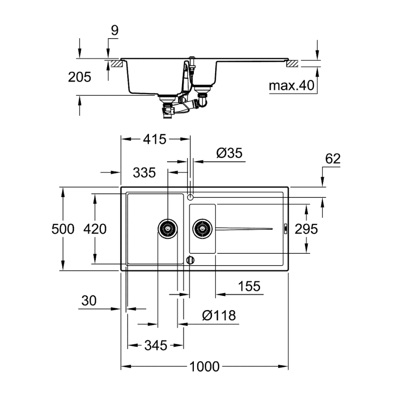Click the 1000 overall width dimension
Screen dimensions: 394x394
pyautogui.click(x=205, y=366)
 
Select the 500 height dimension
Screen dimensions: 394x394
pyautogui.click(x=62, y=229)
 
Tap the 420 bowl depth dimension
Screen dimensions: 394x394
pyautogui.click(x=95, y=229)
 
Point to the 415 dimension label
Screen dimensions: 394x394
pyautogui.click(x=155, y=139)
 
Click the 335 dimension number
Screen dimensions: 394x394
pyautogui.click(x=144, y=172)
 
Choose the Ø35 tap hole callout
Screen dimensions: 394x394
pyautogui.click(x=229, y=153)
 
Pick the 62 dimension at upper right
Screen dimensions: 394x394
pyautogui.click(x=333, y=158)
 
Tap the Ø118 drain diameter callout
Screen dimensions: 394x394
pyautogui.click(x=219, y=315)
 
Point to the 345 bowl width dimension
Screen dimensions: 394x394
pyautogui.click(x=155, y=345)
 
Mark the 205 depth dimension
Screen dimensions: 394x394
pyautogui.click(x=79, y=77)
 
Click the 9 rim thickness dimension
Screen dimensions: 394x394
pyautogui.click(x=114, y=30)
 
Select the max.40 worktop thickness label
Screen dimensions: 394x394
pyautogui.click(x=291, y=86)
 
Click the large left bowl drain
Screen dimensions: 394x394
pyautogui.click(x=167, y=228)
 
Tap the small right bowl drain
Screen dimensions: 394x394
pyautogui.click(x=202, y=228)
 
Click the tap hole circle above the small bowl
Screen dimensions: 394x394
pyautogui.click(x=191, y=197)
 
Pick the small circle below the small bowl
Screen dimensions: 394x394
pyautogui.click(x=191, y=260)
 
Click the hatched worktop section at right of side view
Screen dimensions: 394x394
pyautogui.click(x=292, y=64)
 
